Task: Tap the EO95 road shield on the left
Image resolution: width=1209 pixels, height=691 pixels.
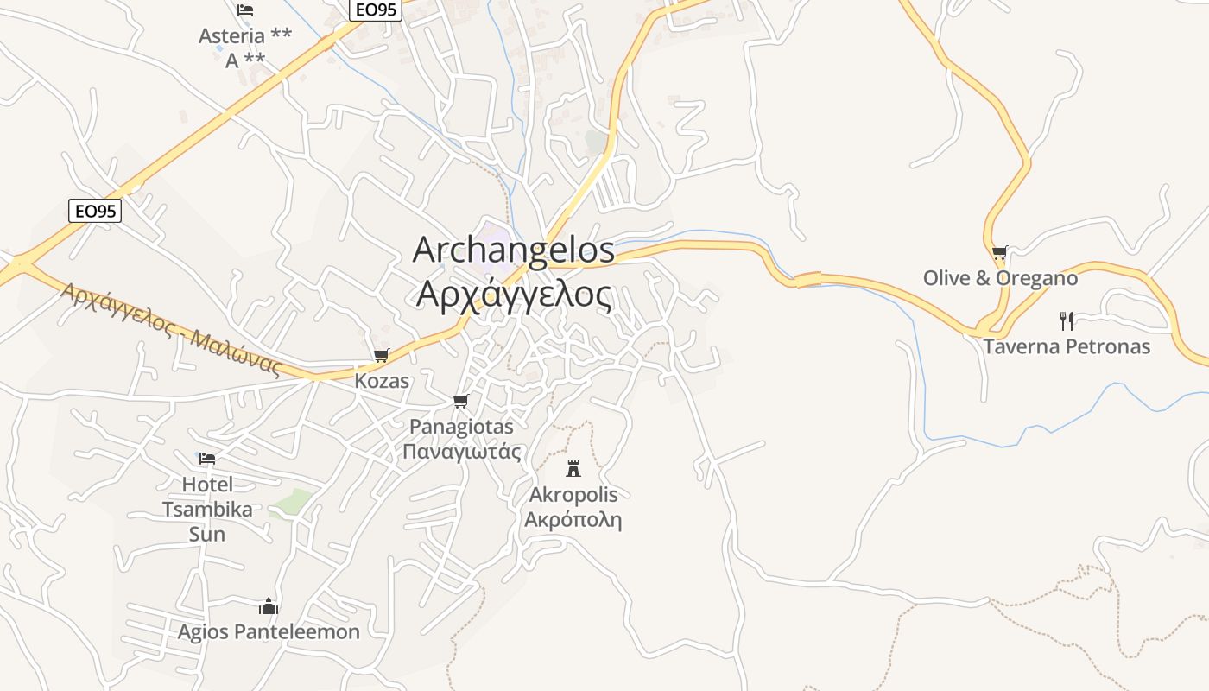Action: coord(94,211)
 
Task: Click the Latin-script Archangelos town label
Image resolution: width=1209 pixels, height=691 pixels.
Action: coord(514,250)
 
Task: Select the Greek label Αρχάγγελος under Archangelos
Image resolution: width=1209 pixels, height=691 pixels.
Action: coord(514,295)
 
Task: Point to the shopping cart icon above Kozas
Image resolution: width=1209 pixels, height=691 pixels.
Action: coord(381,355)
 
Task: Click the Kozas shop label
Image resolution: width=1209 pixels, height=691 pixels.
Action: coord(382,381)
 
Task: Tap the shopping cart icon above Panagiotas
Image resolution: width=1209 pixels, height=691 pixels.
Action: coord(460,402)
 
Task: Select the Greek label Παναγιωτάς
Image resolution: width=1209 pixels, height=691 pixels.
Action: coord(462,452)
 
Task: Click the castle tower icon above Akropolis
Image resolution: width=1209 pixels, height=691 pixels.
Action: coord(573,469)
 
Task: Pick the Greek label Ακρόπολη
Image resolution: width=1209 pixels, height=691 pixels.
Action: coord(573,520)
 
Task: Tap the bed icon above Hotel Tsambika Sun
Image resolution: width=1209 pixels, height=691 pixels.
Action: coord(207,459)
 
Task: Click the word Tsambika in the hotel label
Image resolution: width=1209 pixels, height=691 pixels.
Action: coord(207,509)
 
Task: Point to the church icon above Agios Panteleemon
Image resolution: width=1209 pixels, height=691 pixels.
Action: coord(269,606)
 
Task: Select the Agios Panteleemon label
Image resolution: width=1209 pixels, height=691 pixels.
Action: coord(269,632)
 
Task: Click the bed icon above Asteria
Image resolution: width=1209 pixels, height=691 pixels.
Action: coord(245,10)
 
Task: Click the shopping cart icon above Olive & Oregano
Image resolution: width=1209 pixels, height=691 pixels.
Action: coord(999,253)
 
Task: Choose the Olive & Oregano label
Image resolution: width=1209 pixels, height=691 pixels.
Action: coord(1000,278)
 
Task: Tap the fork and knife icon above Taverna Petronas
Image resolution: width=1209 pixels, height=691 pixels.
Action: coord(1067,321)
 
